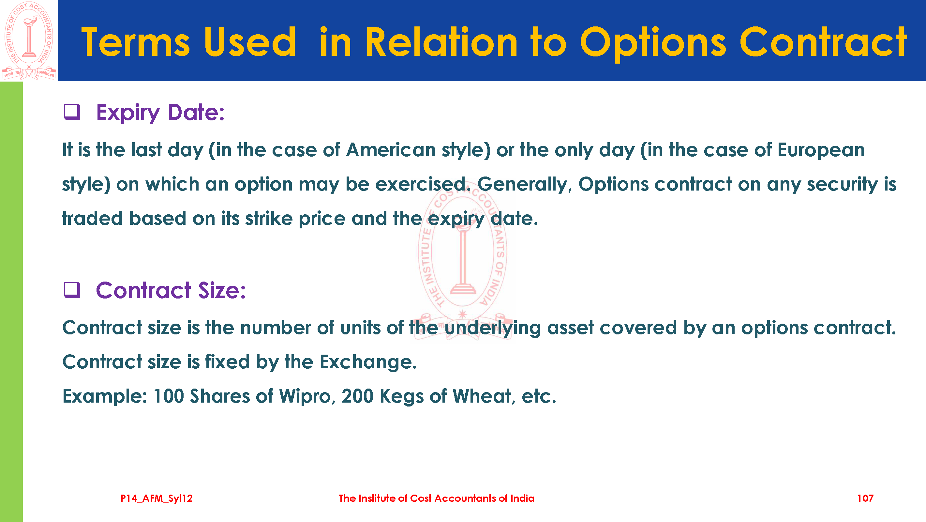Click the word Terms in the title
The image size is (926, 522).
pyautogui.click(x=135, y=42)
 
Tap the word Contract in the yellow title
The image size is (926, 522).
pyautogui.click(x=823, y=42)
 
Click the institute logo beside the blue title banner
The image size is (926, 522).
pyautogui.click(x=29, y=40)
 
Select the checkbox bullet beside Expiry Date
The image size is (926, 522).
pyautogui.click(x=72, y=112)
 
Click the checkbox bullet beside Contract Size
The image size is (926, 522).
pyautogui.click(x=72, y=290)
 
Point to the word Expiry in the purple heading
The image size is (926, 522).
pyautogui.click(x=128, y=113)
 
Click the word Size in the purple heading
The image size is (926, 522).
pyautogui.click(x=222, y=290)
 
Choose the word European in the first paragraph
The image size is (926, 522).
pyautogui.click(x=821, y=150)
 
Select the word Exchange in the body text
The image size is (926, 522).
pyautogui.click(x=368, y=362)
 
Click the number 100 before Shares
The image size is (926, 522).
pyautogui.click(x=169, y=396)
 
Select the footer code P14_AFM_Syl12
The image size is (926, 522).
pyautogui.click(x=157, y=498)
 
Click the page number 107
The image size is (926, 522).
pyautogui.click(x=865, y=498)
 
